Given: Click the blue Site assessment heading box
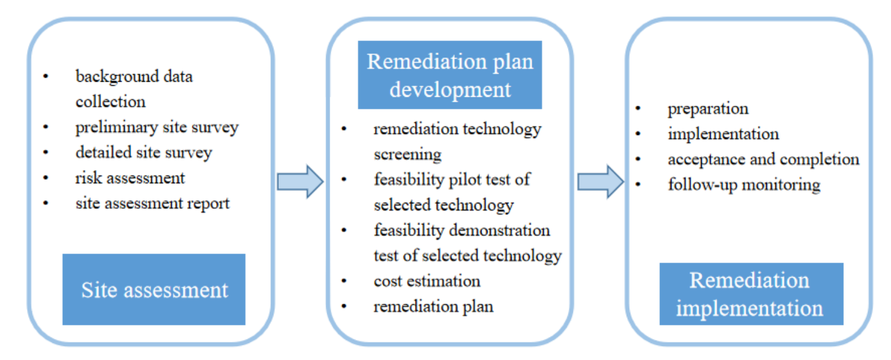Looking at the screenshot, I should (154, 289).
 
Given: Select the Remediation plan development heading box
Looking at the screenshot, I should (449, 75).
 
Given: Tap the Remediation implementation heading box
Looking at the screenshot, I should (751, 294).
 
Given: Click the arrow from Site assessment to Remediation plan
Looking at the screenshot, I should (300, 182).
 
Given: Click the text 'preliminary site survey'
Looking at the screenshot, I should (157, 128).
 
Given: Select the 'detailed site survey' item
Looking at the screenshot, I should (143, 152).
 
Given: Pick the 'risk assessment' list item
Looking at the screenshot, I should (130, 178).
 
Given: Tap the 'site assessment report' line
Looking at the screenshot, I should (152, 203).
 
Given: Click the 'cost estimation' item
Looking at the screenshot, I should (427, 281).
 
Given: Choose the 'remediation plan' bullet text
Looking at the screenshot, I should (433, 306).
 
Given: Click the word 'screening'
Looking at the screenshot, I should (407, 154).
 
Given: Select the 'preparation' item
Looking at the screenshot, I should (708, 109).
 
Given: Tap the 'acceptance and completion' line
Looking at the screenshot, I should (763, 159).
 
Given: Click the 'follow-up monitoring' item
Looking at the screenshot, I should (744, 185).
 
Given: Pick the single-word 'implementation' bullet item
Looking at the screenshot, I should (723, 134).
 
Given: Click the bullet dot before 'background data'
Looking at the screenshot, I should (45, 77).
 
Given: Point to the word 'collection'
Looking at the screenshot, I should (110, 102).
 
